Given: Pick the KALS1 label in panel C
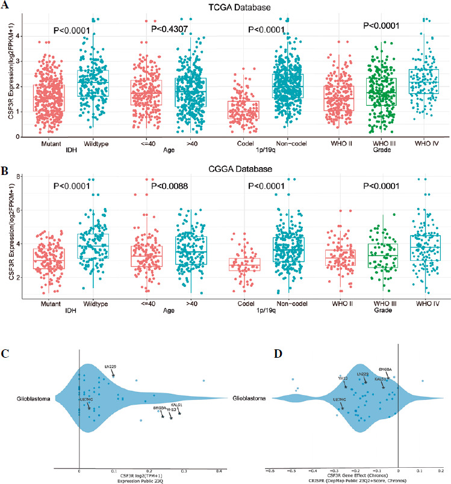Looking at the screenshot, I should point(176,405).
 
